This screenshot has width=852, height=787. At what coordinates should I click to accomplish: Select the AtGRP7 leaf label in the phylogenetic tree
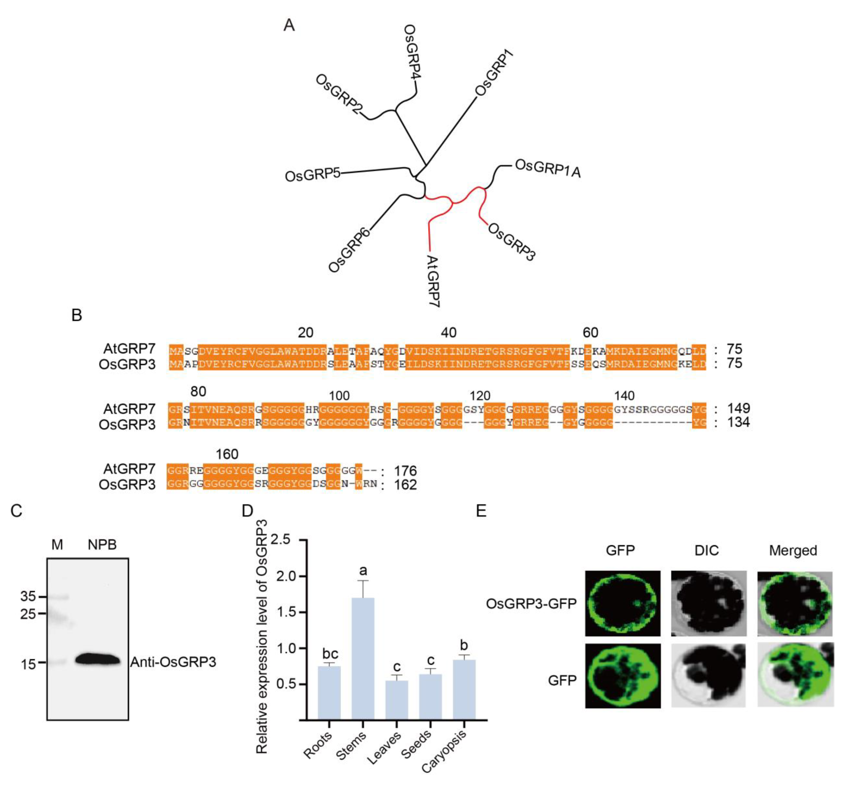[433, 281]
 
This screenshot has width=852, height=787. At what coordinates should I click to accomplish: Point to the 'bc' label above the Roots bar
[330, 654]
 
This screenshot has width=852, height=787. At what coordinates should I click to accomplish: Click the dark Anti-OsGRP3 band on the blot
[98, 659]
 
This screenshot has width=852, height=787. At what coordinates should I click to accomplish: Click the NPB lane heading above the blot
[102, 545]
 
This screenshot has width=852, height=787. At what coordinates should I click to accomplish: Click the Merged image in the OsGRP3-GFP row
[794, 604]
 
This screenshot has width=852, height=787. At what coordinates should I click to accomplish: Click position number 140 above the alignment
[624, 396]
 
